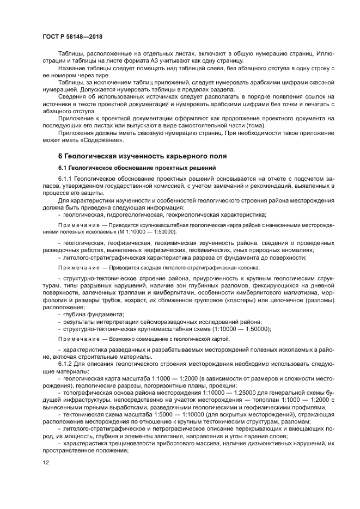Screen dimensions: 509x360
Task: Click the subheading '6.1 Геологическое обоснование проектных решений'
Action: (137, 167)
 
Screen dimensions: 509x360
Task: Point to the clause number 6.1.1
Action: (65, 178)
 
